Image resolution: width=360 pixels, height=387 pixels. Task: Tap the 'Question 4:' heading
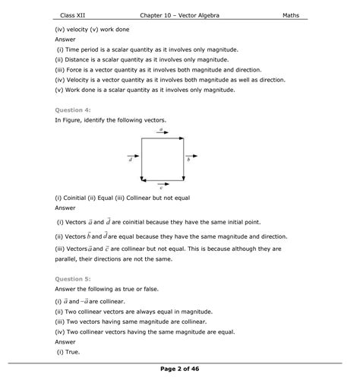pos(72,109)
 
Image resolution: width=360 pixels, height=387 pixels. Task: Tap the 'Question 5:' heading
pos(72,278)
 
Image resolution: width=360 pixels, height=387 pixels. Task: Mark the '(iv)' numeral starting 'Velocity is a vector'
pos(60,79)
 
